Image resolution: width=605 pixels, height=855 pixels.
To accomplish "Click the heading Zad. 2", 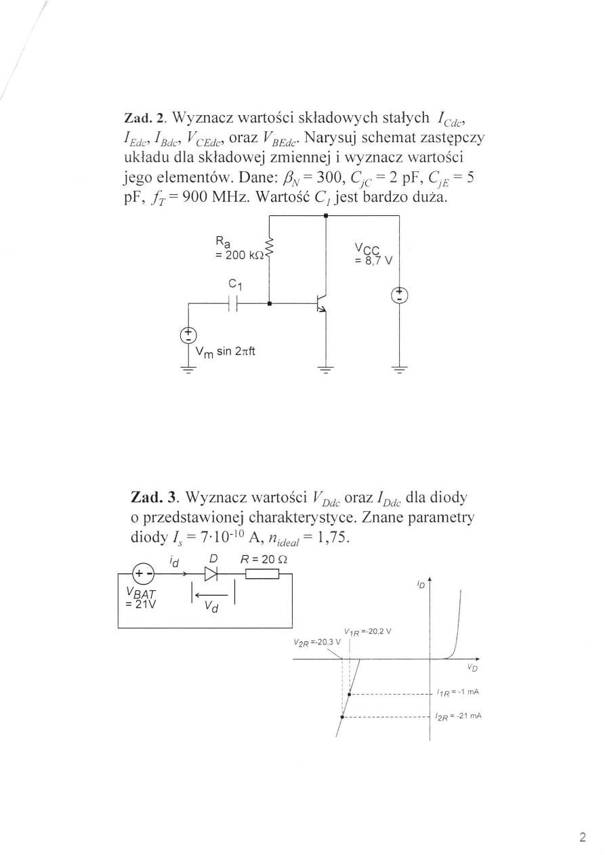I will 144,117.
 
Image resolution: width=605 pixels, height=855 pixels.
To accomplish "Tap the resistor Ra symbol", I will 270,250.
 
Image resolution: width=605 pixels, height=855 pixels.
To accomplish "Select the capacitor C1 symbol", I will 233,304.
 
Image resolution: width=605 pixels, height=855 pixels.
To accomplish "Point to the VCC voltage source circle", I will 400,295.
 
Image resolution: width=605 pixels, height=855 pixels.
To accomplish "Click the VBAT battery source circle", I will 142,575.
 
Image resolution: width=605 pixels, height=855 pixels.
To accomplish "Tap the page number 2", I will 582,836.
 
